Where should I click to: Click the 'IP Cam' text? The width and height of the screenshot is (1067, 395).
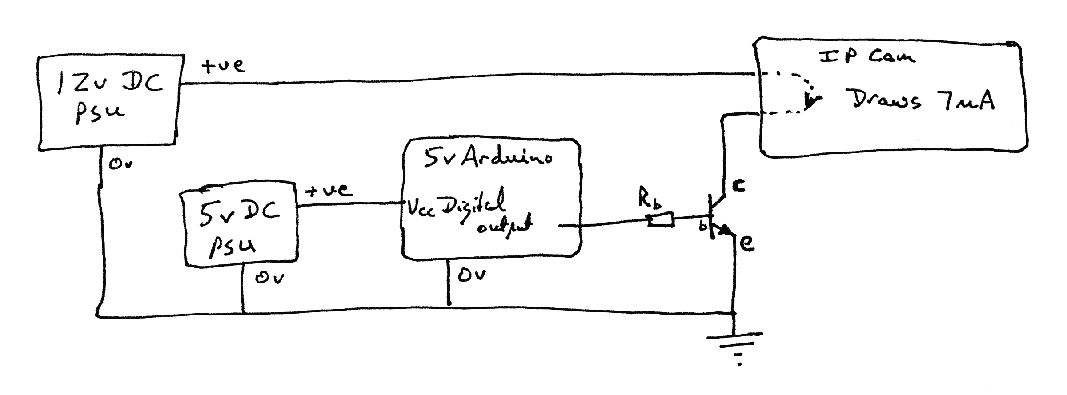[x=867, y=57]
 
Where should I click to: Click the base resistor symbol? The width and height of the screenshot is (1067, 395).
[x=661, y=220]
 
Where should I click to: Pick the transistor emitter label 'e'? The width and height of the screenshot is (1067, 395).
[x=747, y=243]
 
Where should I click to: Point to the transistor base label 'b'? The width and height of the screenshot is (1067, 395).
[x=703, y=226]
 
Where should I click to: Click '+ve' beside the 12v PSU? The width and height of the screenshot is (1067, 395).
[x=222, y=66]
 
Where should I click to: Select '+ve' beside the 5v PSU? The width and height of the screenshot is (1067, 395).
[x=329, y=191]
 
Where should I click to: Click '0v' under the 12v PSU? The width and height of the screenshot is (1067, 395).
[x=121, y=164]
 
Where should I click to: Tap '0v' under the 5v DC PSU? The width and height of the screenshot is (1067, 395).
[x=269, y=278]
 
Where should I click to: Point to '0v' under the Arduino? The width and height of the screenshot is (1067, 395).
[x=472, y=275]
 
